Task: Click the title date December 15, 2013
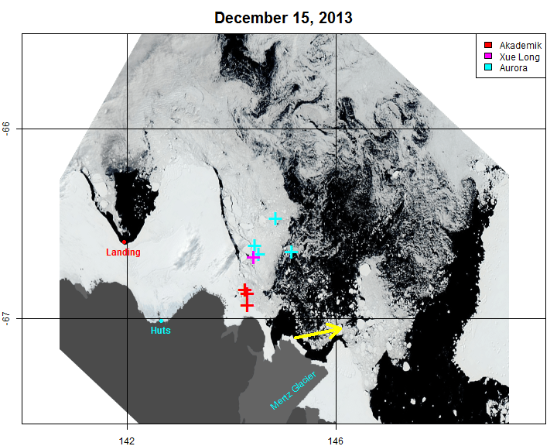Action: coord(283,17)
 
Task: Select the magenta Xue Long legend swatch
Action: coord(488,57)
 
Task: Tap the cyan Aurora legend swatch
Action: coord(488,68)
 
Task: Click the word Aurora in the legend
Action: coord(514,68)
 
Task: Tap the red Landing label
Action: coord(123,252)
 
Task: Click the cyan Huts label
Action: coord(161,331)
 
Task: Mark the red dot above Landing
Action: coord(124,242)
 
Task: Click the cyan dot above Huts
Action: coord(161,321)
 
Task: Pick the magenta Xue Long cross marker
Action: coord(253,257)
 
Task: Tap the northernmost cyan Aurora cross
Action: coord(275,218)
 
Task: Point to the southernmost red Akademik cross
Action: coord(247,306)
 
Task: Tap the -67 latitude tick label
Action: coord(7,318)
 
